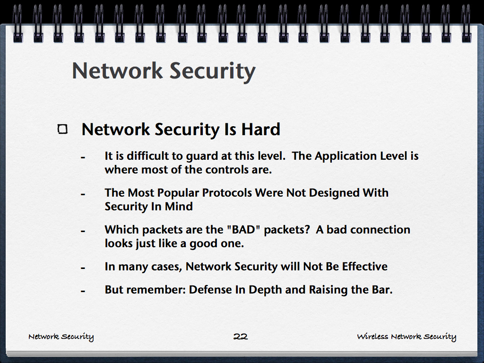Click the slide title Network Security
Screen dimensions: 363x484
tap(164, 71)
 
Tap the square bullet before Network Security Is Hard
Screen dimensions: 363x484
tap(62, 129)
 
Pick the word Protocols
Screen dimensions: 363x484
tap(227, 193)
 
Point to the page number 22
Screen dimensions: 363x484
tap(241, 337)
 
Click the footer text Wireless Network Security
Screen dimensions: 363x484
tap(406, 337)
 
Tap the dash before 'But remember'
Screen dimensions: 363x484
tap(83, 291)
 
